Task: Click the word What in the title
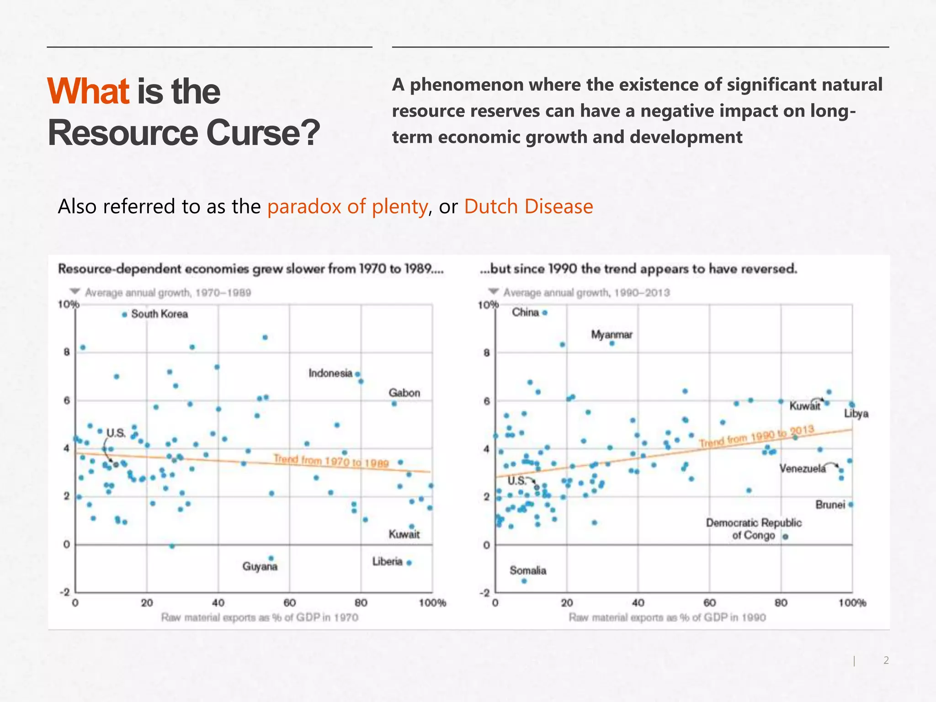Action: point(89,91)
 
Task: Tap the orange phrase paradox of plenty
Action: point(347,207)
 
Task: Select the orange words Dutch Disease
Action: point(528,207)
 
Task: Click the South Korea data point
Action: point(124,314)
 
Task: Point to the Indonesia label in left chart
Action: point(330,373)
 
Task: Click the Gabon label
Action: point(404,393)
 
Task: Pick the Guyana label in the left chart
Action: point(260,567)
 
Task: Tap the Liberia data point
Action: point(409,563)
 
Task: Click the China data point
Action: point(545,313)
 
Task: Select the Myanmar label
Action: point(612,335)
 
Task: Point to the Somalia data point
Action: point(524,581)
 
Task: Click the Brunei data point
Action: point(851,505)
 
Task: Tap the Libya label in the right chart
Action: point(856,414)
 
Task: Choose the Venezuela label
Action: point(803,468)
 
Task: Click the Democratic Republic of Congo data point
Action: point(785,537)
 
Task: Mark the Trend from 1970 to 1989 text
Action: point(331,461)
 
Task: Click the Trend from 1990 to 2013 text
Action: point(756,436)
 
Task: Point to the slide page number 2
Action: point(886,660)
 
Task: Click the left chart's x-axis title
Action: point(260,617)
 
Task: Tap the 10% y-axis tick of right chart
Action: point(488,305)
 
